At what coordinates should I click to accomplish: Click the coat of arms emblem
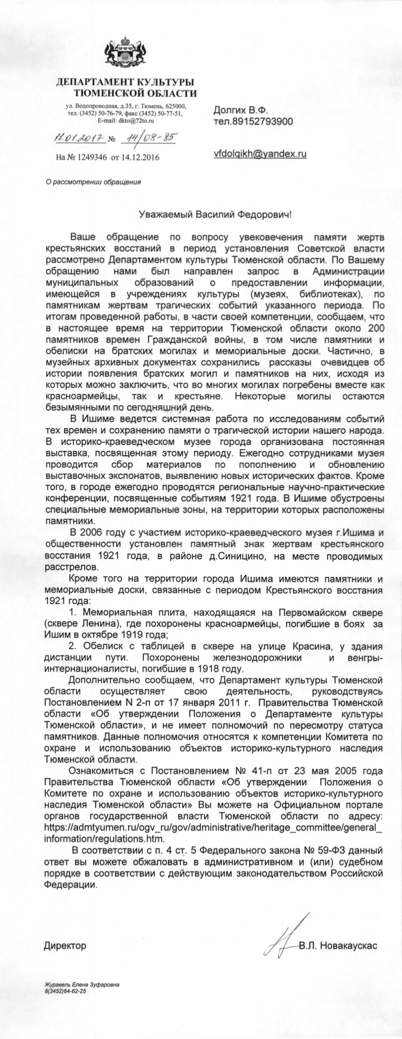click(125, 56)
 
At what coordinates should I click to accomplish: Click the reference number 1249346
click(90, 157)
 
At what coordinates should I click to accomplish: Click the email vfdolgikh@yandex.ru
click(260, 153)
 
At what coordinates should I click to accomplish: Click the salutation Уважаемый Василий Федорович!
click(215, 215)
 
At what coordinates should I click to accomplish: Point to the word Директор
click(65, 932)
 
